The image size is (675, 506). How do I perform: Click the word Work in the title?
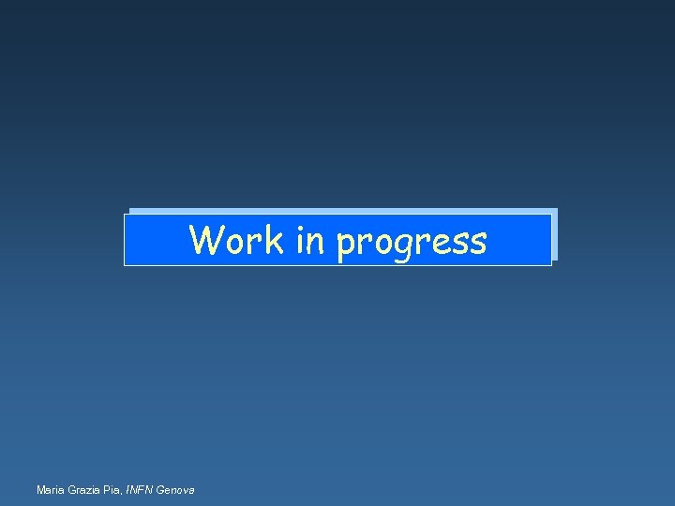pyautogui.click(x=236, y=240)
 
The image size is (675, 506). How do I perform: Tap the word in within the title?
pyautogui.click(x=308, y=240)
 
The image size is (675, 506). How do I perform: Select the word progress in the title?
pyautogui.click(x=412, y=243)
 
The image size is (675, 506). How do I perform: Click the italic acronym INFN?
pyautogui.click(x=140, y=490)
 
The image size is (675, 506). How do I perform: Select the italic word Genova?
pyautogui.click(x=176, y=490)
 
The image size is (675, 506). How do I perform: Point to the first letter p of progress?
pyautogui.click(x=346, y=246)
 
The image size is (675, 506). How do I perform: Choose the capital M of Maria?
pyautogui.click(x=39, y=490)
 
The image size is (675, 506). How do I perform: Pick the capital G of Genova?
pyautogui.click(x=161, y=490)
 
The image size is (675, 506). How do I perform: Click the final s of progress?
pyautogui.click(x=478, y=244)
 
